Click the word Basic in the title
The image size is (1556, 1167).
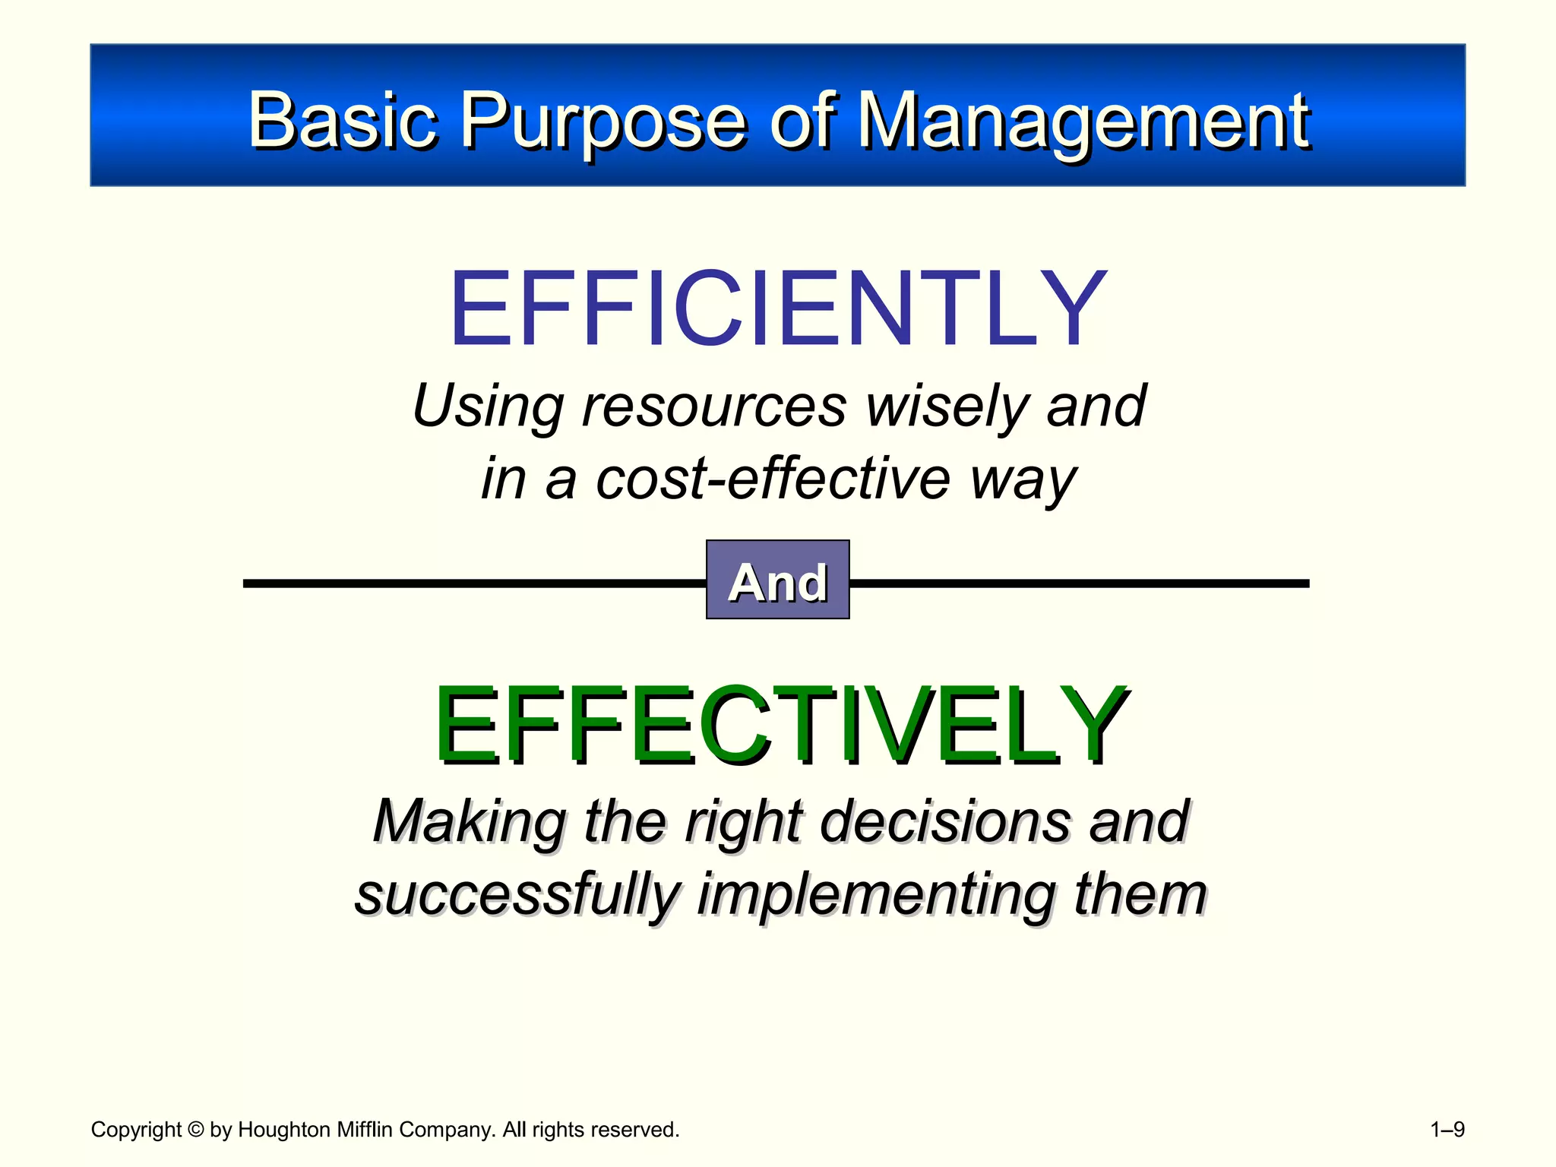point(343,120)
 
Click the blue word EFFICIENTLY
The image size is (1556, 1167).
point(778,309)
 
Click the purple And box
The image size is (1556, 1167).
point(777,580)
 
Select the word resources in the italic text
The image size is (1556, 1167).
point(713,406)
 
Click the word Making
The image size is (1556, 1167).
point(470,822)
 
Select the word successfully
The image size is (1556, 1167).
point(517,895)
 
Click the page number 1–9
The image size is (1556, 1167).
point(1447,1130)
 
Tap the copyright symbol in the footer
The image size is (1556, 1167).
point(195,1130)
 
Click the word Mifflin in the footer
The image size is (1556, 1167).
point(365,1130)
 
